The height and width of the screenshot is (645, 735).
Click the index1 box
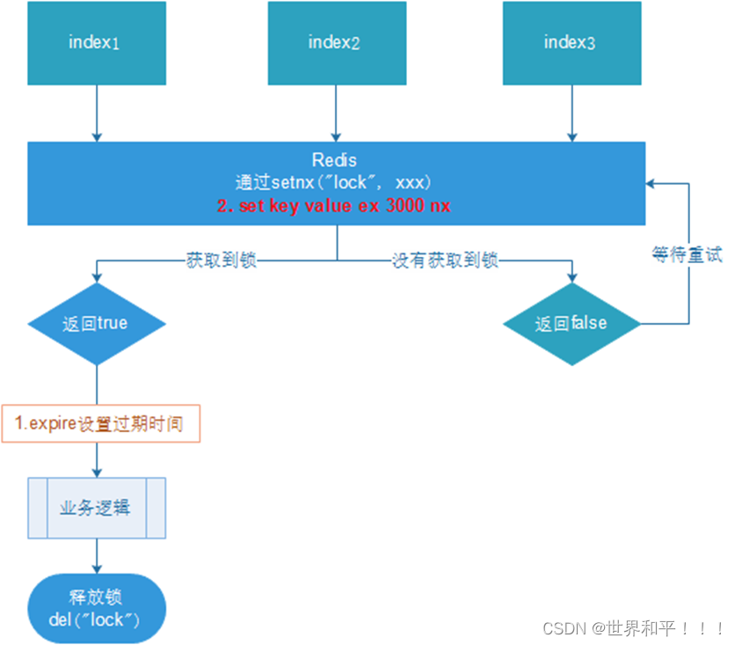pos(97,42)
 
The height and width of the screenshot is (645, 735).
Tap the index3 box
pos(571,42)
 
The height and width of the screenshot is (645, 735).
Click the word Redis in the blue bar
pos(335,160)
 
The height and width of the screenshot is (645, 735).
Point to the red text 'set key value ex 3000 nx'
pos(334,205)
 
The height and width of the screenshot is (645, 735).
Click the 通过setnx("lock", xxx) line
pos(335,182)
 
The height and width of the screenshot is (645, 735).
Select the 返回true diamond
pos(96,323)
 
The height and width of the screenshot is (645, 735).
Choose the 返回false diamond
pos(571,323)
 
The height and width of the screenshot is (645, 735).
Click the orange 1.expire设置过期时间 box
pos(101,423)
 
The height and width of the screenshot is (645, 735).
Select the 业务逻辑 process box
pos(97,508)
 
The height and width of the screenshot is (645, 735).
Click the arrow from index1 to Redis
pos(97,113)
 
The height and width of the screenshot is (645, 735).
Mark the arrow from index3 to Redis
pos(571,113)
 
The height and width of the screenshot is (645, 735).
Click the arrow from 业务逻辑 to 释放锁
pos(97,558)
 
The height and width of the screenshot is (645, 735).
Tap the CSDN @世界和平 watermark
pos(634,628)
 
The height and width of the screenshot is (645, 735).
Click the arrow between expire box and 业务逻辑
pos(97,459)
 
